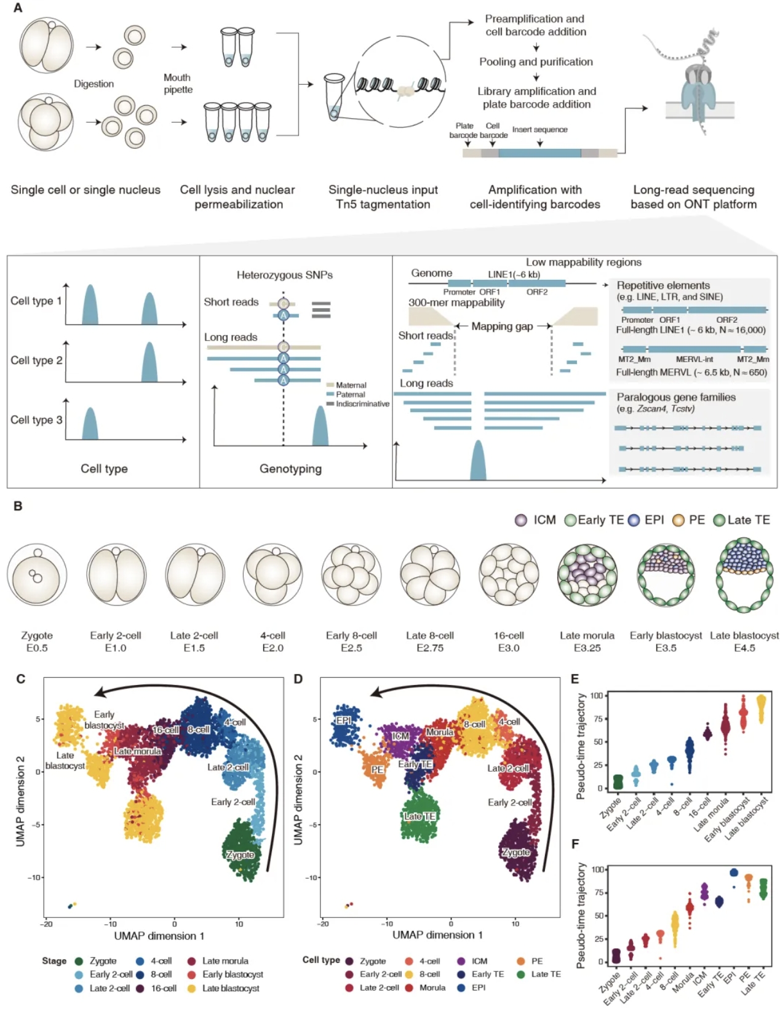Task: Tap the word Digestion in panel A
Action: [94, 84]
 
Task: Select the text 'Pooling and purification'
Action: [536, 61]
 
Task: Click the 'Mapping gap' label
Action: [502, 326]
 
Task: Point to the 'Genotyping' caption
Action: [290, 469]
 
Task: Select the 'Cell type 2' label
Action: [36, 360]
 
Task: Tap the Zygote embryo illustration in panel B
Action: [37, 575]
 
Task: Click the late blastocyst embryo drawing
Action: [744, 576]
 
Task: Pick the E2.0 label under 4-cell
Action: [273, 648]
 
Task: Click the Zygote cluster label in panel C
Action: [240, 855]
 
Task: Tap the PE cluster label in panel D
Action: [377, 769]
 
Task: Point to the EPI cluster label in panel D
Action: [343, 720]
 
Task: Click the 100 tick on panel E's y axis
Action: [596, 695]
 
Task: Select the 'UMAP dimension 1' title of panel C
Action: [159, 936]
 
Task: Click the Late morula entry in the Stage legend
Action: [218, 960]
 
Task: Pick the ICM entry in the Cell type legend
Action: [472, 960]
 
